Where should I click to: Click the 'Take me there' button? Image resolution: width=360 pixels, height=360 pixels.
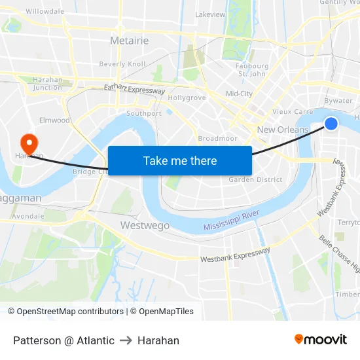[x=180, y=160]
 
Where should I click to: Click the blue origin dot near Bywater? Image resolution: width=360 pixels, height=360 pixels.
[x=331, y=124]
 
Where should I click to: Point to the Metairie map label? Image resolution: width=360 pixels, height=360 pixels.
[x=129, y=41]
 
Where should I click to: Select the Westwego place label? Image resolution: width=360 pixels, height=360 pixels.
[x=145, y=225]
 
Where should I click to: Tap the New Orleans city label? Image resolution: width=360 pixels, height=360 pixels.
[x=282, y=130]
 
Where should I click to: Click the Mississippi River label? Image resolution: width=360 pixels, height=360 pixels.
[x=232, y=221]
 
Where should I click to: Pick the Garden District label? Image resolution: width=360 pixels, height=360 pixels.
[x=255, y=179]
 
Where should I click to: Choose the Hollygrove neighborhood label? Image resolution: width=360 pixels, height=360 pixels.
[x=187, y=98]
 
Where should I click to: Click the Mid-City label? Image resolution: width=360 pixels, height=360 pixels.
[x=239, y=94]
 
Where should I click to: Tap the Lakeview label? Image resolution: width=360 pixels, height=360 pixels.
[x=210, y=14]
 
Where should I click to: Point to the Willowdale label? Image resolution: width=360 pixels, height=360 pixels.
[x=45, y=12]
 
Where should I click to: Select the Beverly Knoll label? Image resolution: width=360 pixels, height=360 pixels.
[x=122, y=64]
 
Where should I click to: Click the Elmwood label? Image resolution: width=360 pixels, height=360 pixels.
[x=54, y=120]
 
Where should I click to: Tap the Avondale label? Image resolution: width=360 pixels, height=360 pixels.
[x=27, y=215]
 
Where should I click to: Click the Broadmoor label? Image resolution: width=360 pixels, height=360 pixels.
[x=217, y=139]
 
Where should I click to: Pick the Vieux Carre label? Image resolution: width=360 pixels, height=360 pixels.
[x=287, y=112]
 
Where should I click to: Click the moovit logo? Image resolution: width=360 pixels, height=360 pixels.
[x=321, y=340]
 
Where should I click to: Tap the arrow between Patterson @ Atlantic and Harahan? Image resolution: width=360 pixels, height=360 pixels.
[x=126, y=340]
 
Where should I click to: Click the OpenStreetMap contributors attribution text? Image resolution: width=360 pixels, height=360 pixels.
[x=65, y=312]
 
